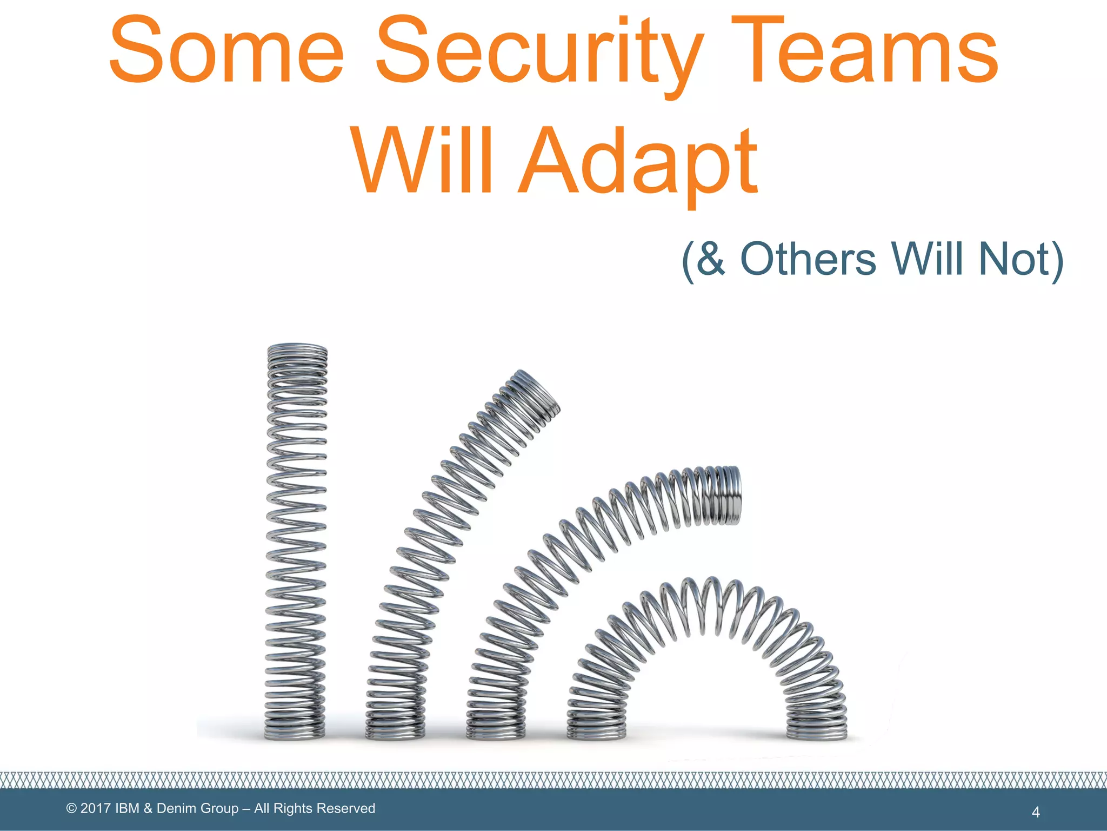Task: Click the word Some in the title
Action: pyautogui.click(x=226, y=51)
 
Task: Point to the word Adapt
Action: pyautogui.click(x=638, y=162)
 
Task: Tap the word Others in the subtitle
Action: pyautogui.click(x=808, y=259)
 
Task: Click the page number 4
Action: pyautogui.click(x=1036, y=812)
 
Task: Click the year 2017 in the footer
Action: pyautogui.click(x=96, y=808)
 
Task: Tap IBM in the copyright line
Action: pyautogui.click(x=127, y=808)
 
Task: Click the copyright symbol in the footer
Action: pyautogui.click(x=71, y=808)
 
